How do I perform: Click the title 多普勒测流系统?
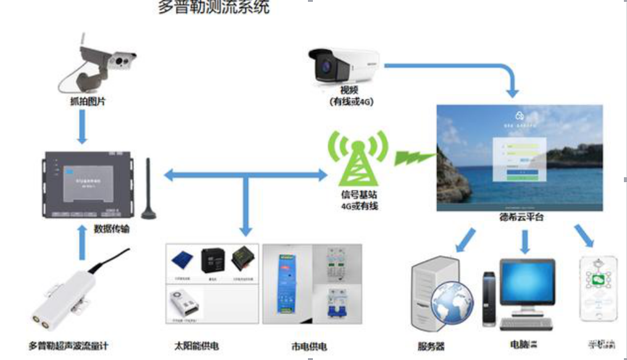tap(214, 8)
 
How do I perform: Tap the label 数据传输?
tap(112, 228)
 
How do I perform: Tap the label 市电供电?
tap(309, 345)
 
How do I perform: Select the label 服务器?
tap(431, 346)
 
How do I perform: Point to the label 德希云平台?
tap(521, 218)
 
